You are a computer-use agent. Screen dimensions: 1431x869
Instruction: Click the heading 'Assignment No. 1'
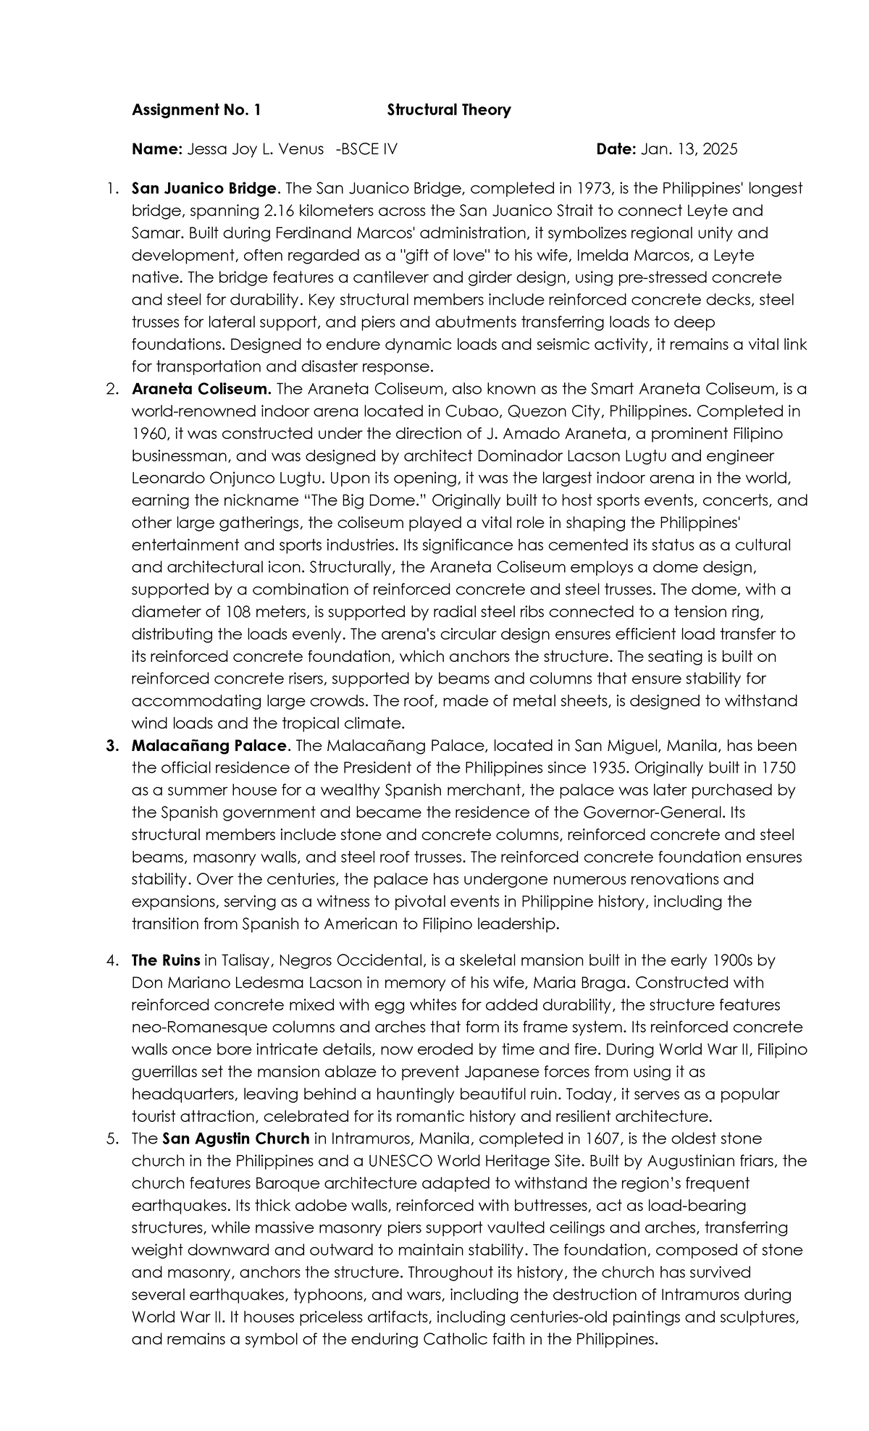[196, 110]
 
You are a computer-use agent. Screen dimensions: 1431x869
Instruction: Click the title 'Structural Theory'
[448, 110]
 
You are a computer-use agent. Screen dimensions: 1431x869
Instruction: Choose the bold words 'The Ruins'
[166, 961]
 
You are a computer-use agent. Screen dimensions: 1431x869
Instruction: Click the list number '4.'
[112, 961]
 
